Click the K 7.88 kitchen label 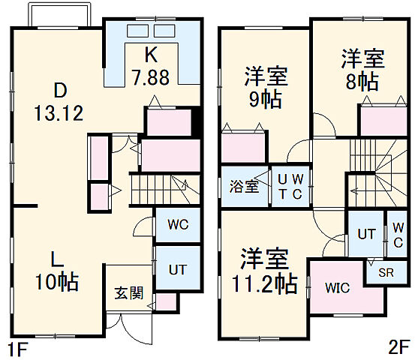[151, 68]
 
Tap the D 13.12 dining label [57, 103]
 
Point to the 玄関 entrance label [125, 292]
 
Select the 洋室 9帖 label [266, 88]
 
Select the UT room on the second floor [366, 234]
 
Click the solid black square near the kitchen [196, 119]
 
